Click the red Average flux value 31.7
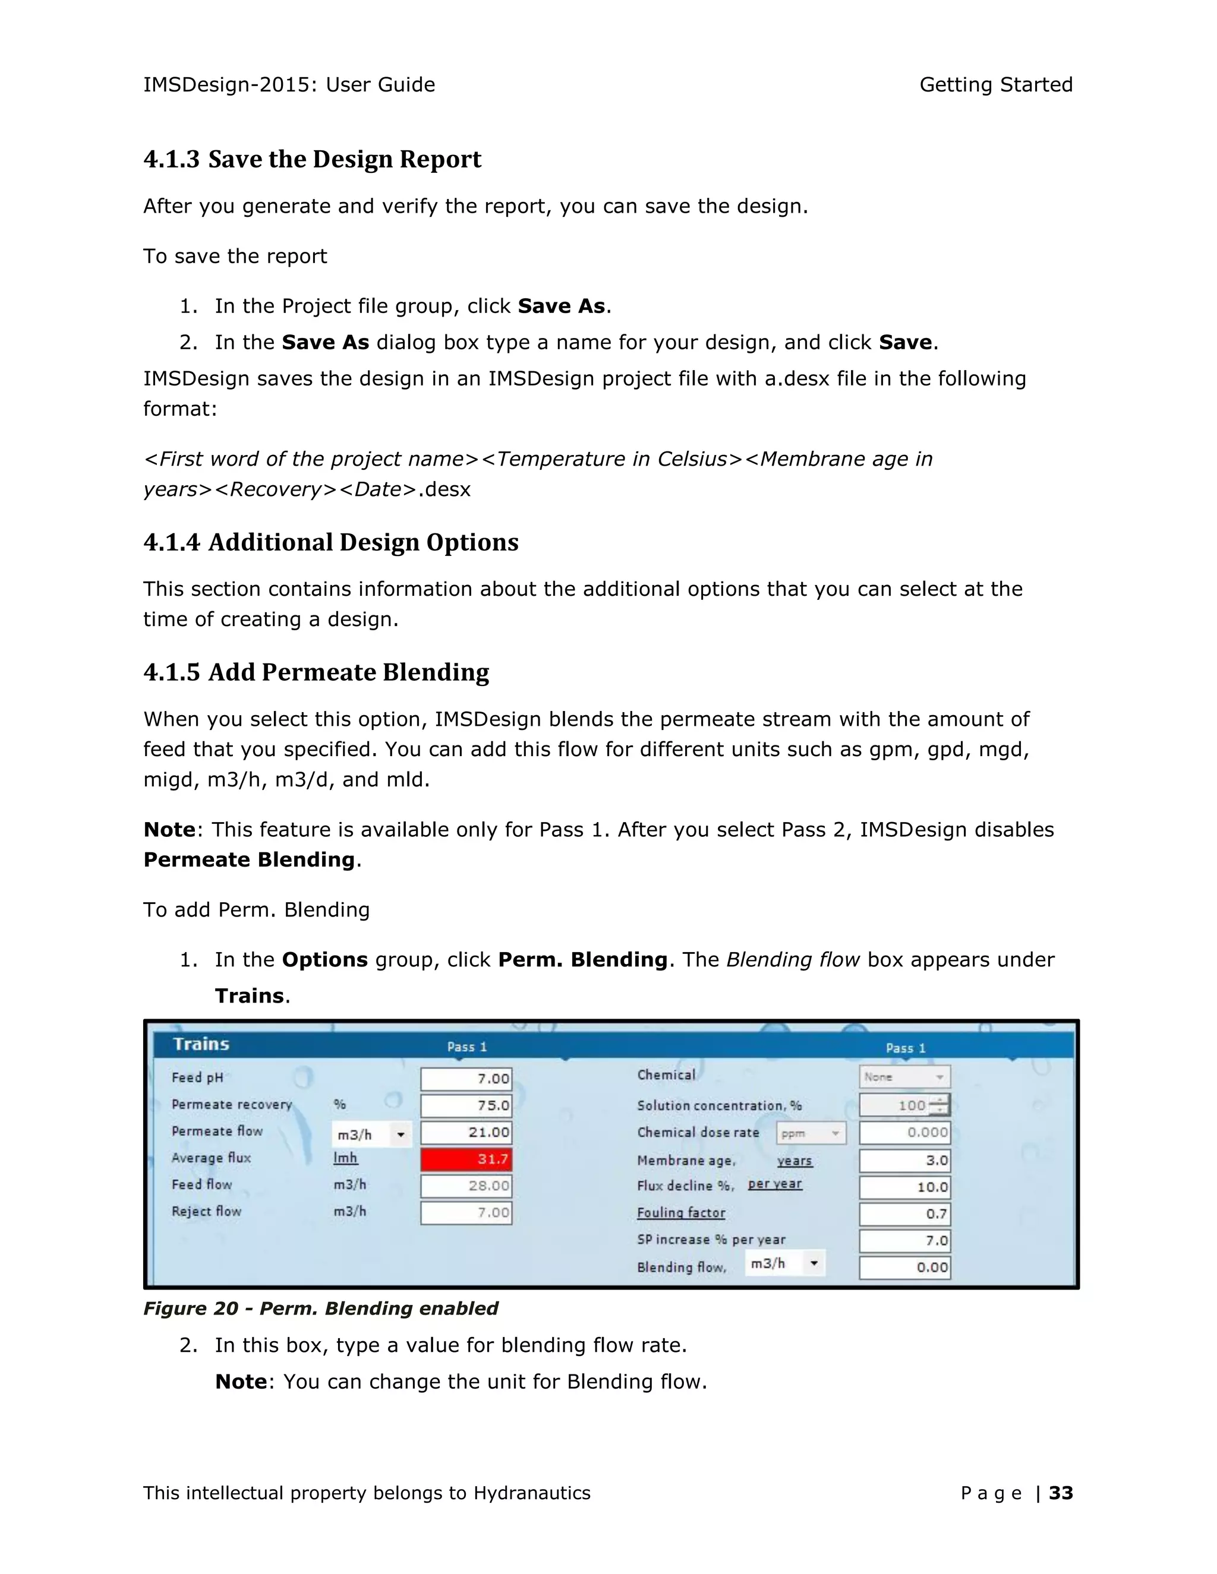[x=466, y=1159]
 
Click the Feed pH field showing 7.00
[x=466, y=1079]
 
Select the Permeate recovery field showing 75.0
[x=466, y=1105]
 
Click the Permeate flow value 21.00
[x=466, y=1132]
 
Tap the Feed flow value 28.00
[x=466, y=1186]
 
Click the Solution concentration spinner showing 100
[x=904, y=1105]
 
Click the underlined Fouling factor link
[x=680, y=1213]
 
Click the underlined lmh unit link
[x=345, y=1158]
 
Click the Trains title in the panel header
[x=201, y=1044]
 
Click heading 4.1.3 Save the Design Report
[x=312, y=159]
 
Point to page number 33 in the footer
[x=1061, y=1493]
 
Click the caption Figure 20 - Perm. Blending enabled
[x=321, y=1308]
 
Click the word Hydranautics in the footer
[x=531, y=1493]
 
